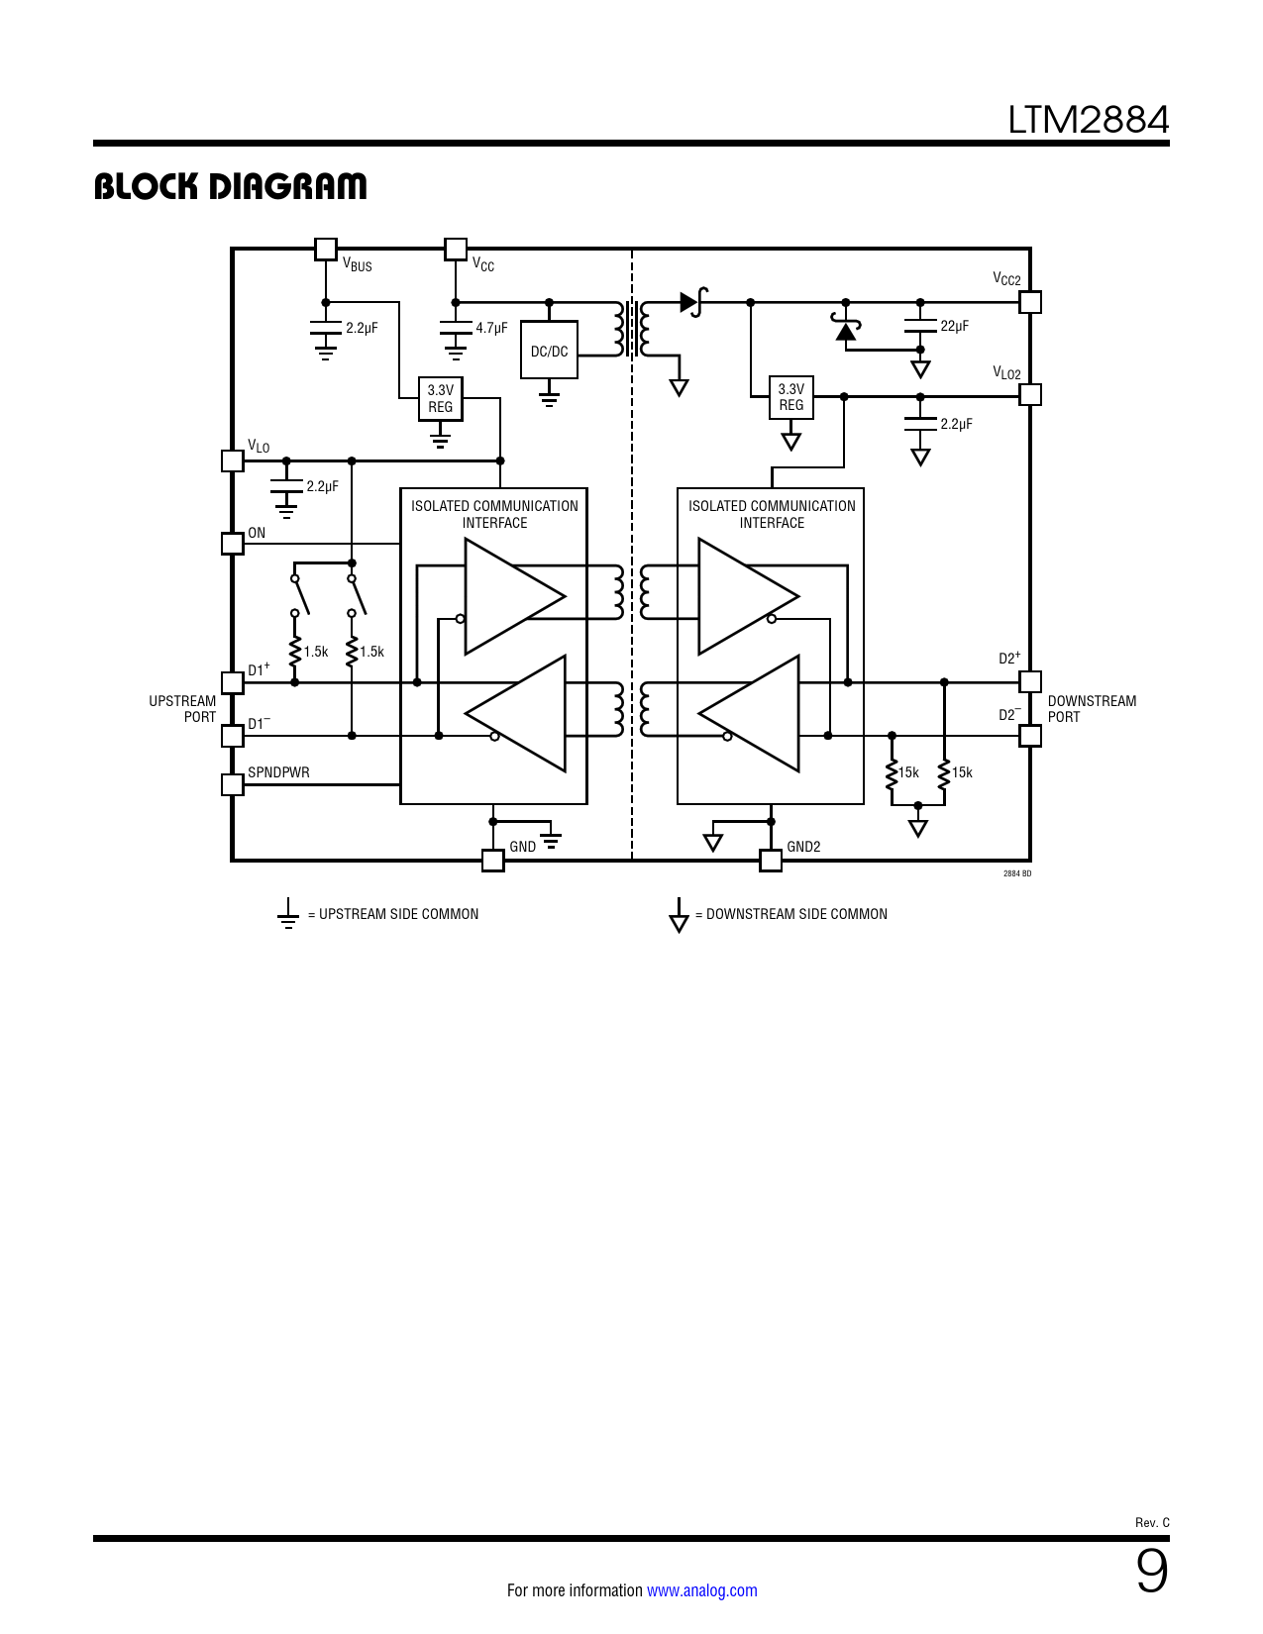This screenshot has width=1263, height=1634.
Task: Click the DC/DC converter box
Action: tap(549, 350)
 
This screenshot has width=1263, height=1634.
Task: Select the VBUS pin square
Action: tap(325, 249)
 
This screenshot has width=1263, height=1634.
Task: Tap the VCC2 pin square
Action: tap(1029, 302)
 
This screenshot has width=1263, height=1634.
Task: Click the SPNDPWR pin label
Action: tap(278, 772)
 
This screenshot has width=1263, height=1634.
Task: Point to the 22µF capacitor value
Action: tap(954, 327)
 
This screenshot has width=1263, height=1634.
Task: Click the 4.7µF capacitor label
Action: tap(491, 328)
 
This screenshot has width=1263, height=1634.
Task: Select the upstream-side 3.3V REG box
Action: tap(440, 398)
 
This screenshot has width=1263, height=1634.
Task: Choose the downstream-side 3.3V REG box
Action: tap(790, 397)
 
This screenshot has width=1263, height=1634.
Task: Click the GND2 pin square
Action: tap(771, 861)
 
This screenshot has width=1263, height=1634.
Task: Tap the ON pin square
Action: tap(233, 543)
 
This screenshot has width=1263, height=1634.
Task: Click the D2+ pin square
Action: tap(1029, 682)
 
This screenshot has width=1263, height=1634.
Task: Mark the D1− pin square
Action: tap(233, 736)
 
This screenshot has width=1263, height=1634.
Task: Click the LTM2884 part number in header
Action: tap(1088, 120)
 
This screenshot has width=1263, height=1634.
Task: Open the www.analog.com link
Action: tap(701, 1590)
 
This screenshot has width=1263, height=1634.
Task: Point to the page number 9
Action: tap(1152, 1572)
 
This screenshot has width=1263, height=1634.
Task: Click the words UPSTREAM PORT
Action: tap(182, 709)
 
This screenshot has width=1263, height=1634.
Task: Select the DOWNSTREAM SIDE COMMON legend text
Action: tap(796, 914)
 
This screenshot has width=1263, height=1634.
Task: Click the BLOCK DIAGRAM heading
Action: tap(230, 186)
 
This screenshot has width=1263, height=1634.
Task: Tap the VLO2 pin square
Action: tap(1029, 395)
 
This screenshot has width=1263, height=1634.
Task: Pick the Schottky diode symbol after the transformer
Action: tap(692, 302)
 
